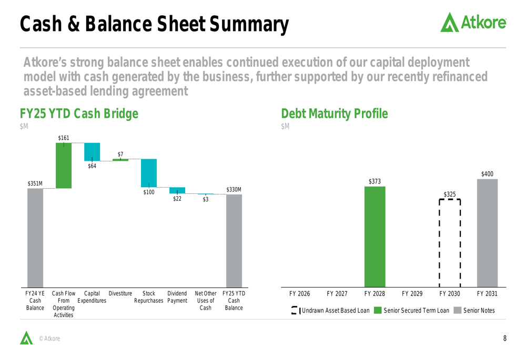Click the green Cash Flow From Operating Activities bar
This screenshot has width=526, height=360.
[64, 166]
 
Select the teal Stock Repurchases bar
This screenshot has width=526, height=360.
[149, 173]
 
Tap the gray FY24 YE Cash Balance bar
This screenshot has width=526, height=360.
[35, 238]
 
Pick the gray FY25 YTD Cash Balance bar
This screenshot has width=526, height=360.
[234, 241]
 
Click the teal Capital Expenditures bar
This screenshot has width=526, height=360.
[92, 152]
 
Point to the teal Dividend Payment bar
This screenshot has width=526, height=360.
[177, 190]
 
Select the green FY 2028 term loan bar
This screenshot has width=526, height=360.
[375, 236]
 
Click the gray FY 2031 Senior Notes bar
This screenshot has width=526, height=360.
[488, 233]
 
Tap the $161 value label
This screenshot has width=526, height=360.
[64, 138]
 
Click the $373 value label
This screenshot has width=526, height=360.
[375, 181]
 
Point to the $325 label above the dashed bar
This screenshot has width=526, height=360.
[450, 194]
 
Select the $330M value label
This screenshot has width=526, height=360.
[234, 189]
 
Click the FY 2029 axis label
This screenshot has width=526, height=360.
[412, 294]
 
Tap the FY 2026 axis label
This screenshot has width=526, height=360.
[300, 294]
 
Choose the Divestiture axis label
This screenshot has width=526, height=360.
[120, 293]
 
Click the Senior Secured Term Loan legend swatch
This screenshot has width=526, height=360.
[378, 311]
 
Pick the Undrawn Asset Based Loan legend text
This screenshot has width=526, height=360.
[336, 311]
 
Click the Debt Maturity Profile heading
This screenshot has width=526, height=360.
[335, 114]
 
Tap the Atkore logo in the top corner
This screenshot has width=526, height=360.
[473, 22]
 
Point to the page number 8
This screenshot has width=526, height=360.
[505, 338]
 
